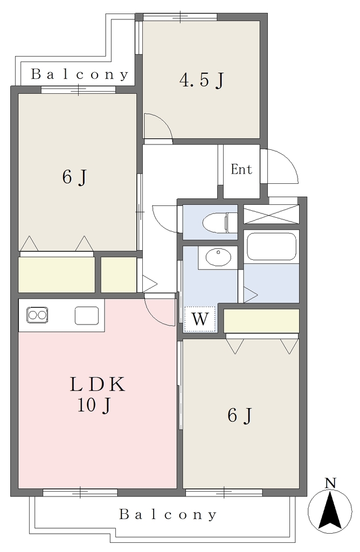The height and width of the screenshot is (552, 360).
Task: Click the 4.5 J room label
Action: pyautogui.click(x=202, y=81)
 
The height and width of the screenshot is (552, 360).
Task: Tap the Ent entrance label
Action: pyautogui.click(x=241, y=169)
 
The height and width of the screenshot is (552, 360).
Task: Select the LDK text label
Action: pyautogui.click(x=98, y=384)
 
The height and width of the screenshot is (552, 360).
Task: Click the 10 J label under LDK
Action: pyautogui.click(x=94, y=405)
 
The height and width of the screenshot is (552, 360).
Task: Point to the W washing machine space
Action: pyautogui.click(x=199, y=319)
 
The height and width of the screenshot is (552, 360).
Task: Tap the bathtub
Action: pyautogui.click(x=271, y=246)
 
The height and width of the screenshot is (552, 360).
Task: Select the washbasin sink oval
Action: pyautogui.click(x=218, y=257)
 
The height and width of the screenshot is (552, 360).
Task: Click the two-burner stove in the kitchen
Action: pyautogui.click(x=37, y=315)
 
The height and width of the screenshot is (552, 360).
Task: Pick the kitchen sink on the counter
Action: pyautogui.click(x=87, y=315)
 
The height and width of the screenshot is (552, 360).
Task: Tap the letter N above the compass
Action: pyautogui.click(x=330, y=482)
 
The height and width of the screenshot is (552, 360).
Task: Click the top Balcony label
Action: pyautogui.click(x=80, y=74)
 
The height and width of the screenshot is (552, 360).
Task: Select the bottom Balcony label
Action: pyautogui.click(x=168, y=514)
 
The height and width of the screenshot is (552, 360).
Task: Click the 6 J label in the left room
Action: pyautogui.click(x=74, y=177)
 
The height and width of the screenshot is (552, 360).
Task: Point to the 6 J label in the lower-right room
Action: pyautogui.click(x=240, y=416)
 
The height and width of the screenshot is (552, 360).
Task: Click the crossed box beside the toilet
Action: pyautogui.click(x=271, y=214)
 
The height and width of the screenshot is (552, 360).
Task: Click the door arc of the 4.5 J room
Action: pyautogui.click(x=162, y=123)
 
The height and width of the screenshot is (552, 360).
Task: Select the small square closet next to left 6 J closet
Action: pyautogui.click(x=119, y=274)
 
